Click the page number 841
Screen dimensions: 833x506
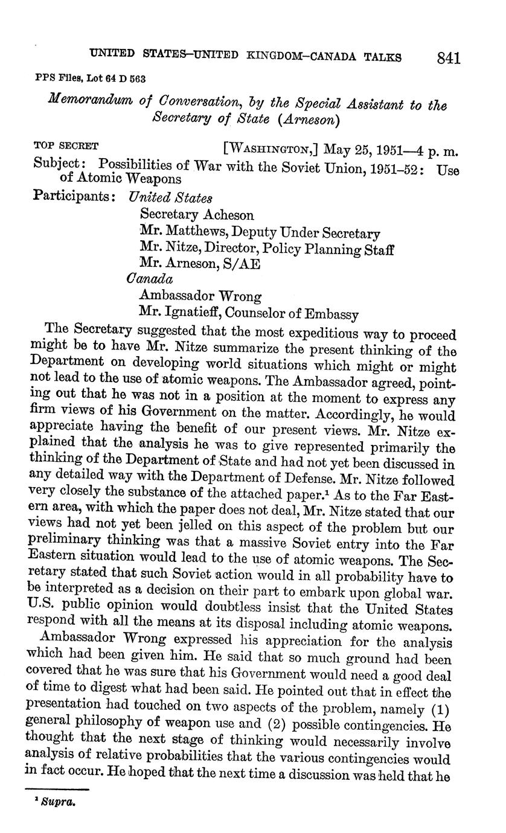tap(449, 58)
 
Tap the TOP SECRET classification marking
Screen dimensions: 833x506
tap(66, 145)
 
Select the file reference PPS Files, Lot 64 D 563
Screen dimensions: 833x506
tap(89, 78)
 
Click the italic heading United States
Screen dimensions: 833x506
tap(171, 197)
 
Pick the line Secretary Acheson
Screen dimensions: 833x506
tap(197, 215)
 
